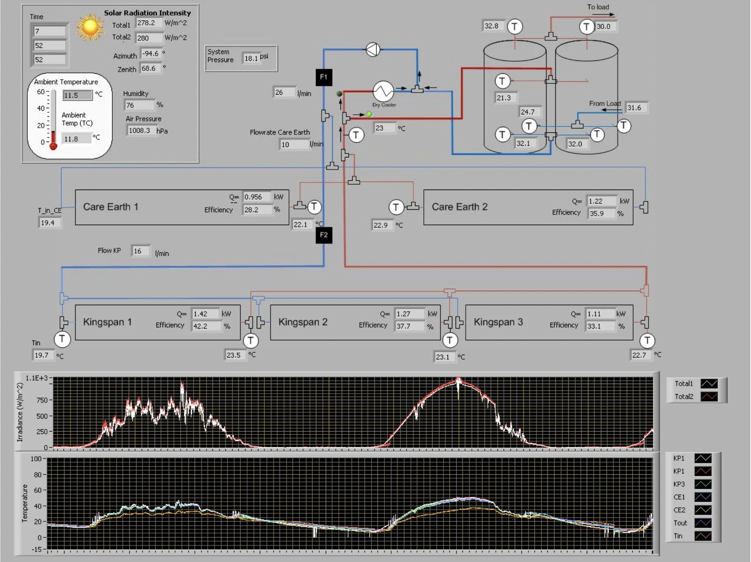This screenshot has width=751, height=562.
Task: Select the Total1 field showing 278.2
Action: click(x=148, y=23)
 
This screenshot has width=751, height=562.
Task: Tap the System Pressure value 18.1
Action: click(x=251, y=58)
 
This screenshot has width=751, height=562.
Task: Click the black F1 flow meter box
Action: click(x=324, y=77)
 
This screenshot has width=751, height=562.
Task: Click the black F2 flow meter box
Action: click(x=324, y=235)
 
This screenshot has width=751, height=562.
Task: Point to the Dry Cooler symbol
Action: click(x=383, y=91)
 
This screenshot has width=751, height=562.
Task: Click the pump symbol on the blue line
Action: click(x=373, y=50)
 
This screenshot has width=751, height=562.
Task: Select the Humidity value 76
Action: click(x=138, y=105)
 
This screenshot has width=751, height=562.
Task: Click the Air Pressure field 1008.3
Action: click(x=140, y=130)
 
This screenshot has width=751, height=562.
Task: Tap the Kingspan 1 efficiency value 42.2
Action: click(x=206, y=326)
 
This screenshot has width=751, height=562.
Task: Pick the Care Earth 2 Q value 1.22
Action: click(x=600, y=201)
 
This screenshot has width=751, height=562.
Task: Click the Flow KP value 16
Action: click(x=140, y=251)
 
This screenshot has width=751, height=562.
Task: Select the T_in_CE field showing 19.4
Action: click(x=49, y=223)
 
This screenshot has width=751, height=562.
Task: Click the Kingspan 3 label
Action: click(x=498, y=322)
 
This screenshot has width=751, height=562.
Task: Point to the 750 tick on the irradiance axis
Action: click(x=42, y=400)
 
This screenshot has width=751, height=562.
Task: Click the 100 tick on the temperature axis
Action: click(x=36, y=459)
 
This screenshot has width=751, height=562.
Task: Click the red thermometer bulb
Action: click(x=53, y=146)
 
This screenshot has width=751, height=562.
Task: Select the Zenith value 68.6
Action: click(x=150, y=68)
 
